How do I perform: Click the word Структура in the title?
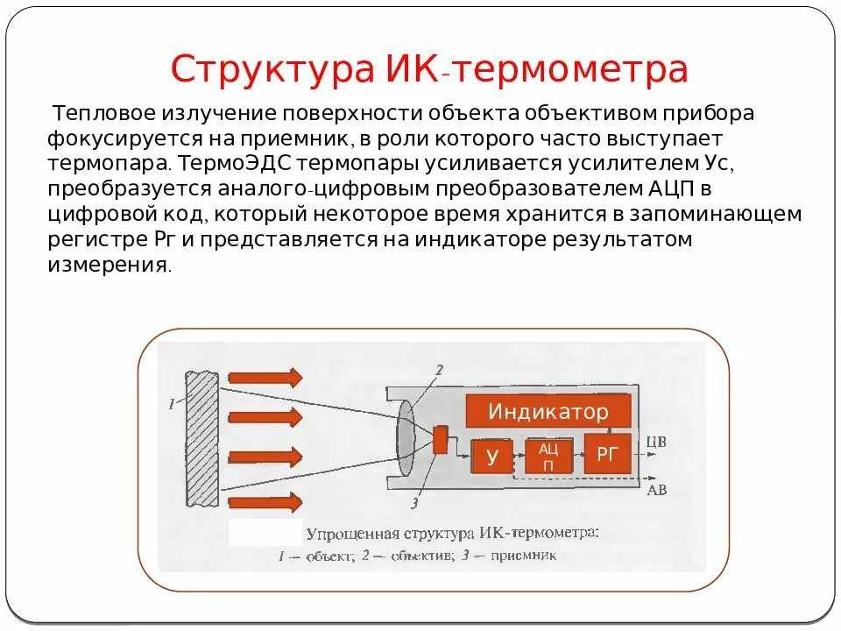pos(272,69)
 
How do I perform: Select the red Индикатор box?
pos(548,412)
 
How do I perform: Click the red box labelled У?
pos(492,456)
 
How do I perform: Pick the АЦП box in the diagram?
pos(548,456)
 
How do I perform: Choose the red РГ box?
pos(607,453)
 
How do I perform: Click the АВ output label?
pos(656,490)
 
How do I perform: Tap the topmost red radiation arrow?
pos(265,378)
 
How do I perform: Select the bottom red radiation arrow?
pos(265,502)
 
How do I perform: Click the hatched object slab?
pos(202,438)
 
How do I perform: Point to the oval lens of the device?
pos(406,437)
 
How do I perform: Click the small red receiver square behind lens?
pos(440,439)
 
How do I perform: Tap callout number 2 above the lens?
pos(439,369)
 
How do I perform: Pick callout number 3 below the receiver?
pos(413,503)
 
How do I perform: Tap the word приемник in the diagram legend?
pos(523,555)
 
